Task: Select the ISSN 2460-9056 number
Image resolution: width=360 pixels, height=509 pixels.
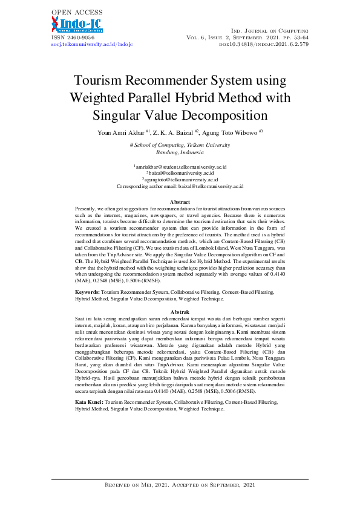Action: pos(69,37)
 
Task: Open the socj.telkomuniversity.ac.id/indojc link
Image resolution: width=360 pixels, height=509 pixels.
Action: pos(91,44)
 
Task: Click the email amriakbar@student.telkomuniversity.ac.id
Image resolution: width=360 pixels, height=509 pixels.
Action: pos(180,166)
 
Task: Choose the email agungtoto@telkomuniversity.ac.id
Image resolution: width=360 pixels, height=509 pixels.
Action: pos(180,180)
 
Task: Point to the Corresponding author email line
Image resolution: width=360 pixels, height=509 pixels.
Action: pos(180,187)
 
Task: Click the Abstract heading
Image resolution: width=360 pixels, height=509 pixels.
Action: pos(180,201)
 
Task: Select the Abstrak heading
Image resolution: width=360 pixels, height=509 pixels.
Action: pos(180,311)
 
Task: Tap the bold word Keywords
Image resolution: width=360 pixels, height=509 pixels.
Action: pos(87,291)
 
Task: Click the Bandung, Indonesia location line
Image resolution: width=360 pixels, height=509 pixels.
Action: pos(180,152)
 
